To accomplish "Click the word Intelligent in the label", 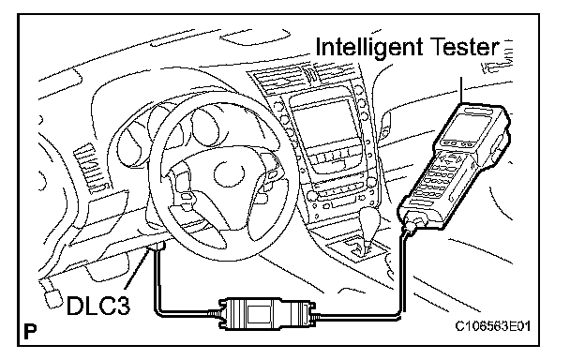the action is pyautogui.click(x=369, y=48).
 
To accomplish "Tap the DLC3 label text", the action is pyautogui.click(x=98, y=305).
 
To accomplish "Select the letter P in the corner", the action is pyautogui.click(x=30, y=331).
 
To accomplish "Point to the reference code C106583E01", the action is pyautogui.click(x=493, y=326).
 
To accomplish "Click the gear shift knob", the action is pyautogui.click(x=369, y=220).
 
